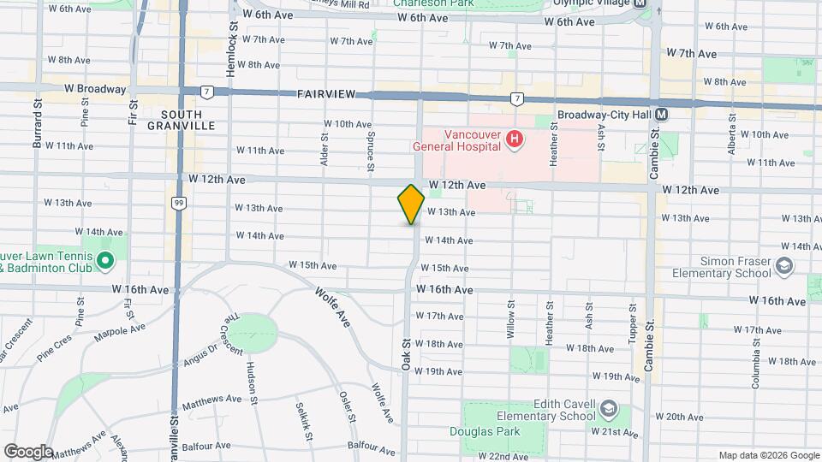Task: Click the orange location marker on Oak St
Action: pyautogui.click(x=411, y=204)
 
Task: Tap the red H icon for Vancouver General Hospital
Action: pyautogui.click(x=514, y=139)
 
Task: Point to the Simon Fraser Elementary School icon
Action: pyautogui.click(x=783, y=267)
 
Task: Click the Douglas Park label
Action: pyautogui.click(x=485, y=431)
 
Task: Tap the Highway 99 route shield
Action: pyautogui.click(x=178, y=203)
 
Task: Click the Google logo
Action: pyautogui.click(x=28, y=451)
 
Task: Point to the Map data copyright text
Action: pyautogui.click(x=768, y=455)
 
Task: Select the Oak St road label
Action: pyautogui.click(x=406, y=352)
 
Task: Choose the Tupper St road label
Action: pyautogui.click(x=632, y=324)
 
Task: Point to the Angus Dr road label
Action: pyautogui.click(x=200, y=354)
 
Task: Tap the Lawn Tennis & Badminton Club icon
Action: pyautogui.click(x=105, y=260)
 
